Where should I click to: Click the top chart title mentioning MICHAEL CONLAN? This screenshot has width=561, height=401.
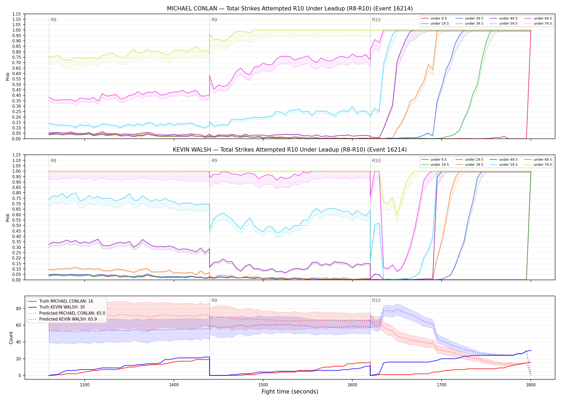click(290, 9)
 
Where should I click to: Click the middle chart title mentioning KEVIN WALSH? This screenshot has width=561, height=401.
click(290, 150)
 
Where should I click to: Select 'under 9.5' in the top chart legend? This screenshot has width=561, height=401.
click(438, 18)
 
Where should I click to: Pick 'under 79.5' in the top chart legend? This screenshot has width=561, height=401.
click(543, 24)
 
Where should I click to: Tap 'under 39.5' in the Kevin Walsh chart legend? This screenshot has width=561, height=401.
click(474, 165)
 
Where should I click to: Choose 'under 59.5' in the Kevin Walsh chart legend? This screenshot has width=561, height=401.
click(508, 165)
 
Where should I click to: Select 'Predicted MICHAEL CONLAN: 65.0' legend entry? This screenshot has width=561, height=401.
click(72, 313)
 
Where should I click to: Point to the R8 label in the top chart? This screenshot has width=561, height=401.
click(53, 20)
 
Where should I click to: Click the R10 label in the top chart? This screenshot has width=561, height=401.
click(376, 20)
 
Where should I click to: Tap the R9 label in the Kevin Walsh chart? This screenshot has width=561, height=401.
click(214, 161)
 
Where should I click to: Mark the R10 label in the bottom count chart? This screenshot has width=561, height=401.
click(376, 300)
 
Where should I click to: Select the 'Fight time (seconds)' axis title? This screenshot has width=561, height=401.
click(290, 392)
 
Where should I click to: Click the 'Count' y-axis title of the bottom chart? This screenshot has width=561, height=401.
click(11, 338)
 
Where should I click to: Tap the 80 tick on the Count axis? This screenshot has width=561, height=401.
click(18, 309)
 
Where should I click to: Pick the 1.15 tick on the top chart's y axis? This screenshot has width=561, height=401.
click(17, 14)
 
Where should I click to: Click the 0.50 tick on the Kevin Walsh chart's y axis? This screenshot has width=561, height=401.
click(17, 226)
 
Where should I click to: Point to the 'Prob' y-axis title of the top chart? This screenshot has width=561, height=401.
click(8, 76)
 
